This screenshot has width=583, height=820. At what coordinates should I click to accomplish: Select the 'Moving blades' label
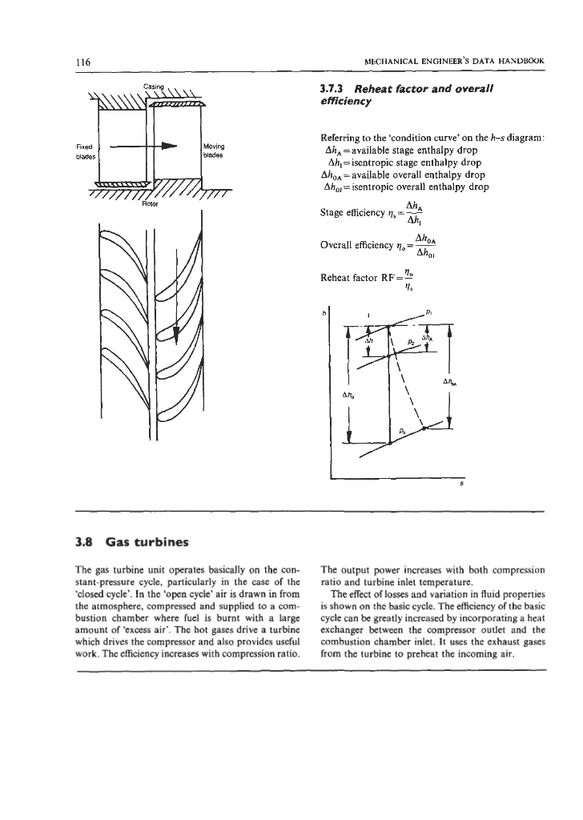[214, 151]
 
